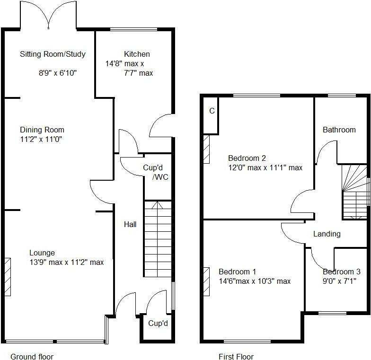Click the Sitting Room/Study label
(53, 54)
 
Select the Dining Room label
(42, 130)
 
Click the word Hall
(130, 224)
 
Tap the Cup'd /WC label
(157, 172)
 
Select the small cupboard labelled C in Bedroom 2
(212, 111)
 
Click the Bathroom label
(339, 130)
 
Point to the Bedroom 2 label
(247, 158)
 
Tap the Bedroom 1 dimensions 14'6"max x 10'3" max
(255, 281)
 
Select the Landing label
(327, 234)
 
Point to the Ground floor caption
(32, 357)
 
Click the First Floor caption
(236, 357)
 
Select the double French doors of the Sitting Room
(49, 15)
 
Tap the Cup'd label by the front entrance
(158, 324)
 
